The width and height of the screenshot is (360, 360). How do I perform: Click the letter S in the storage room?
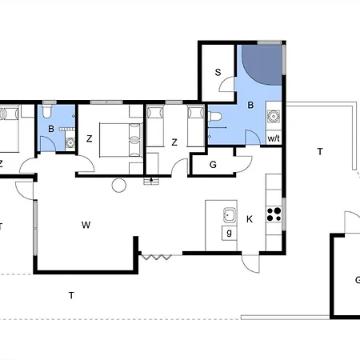click(x=218, y=72)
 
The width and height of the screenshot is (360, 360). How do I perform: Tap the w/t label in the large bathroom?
click(x=274, y=138)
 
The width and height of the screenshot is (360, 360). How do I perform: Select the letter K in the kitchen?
click(x=250, y=219)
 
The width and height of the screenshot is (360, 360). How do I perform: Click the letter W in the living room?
click(x=86, y=225)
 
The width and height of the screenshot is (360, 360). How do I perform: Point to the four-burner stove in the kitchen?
click(x=274, y=214)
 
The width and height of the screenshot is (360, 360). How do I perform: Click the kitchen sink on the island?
click(x=230, y=215)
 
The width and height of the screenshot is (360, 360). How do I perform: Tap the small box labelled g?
click(x=229, y=233)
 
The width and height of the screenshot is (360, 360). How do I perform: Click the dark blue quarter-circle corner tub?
click(x=262, y=65)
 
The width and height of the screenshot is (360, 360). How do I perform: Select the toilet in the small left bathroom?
click(x=47, y=111)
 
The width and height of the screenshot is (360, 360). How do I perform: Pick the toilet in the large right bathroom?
click(x=215, y=116)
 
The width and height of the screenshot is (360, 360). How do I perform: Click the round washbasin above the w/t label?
click(x=274, y=116)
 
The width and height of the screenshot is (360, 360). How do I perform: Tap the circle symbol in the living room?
click(x=119, y=186)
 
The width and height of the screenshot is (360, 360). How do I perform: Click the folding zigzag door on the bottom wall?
click(x=156, y=257)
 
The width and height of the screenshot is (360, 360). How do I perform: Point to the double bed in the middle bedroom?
click(x=122, y=140)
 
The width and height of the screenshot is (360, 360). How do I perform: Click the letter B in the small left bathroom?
click(x=51, y=129)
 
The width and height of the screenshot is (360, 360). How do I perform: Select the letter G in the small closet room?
click(x=213, y=165)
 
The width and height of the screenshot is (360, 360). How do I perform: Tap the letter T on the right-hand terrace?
click(x=320, y=151)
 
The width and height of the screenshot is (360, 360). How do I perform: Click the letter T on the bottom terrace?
click(x=71, y=295)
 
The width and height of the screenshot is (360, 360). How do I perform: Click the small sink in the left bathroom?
click(x=70, y=143)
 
